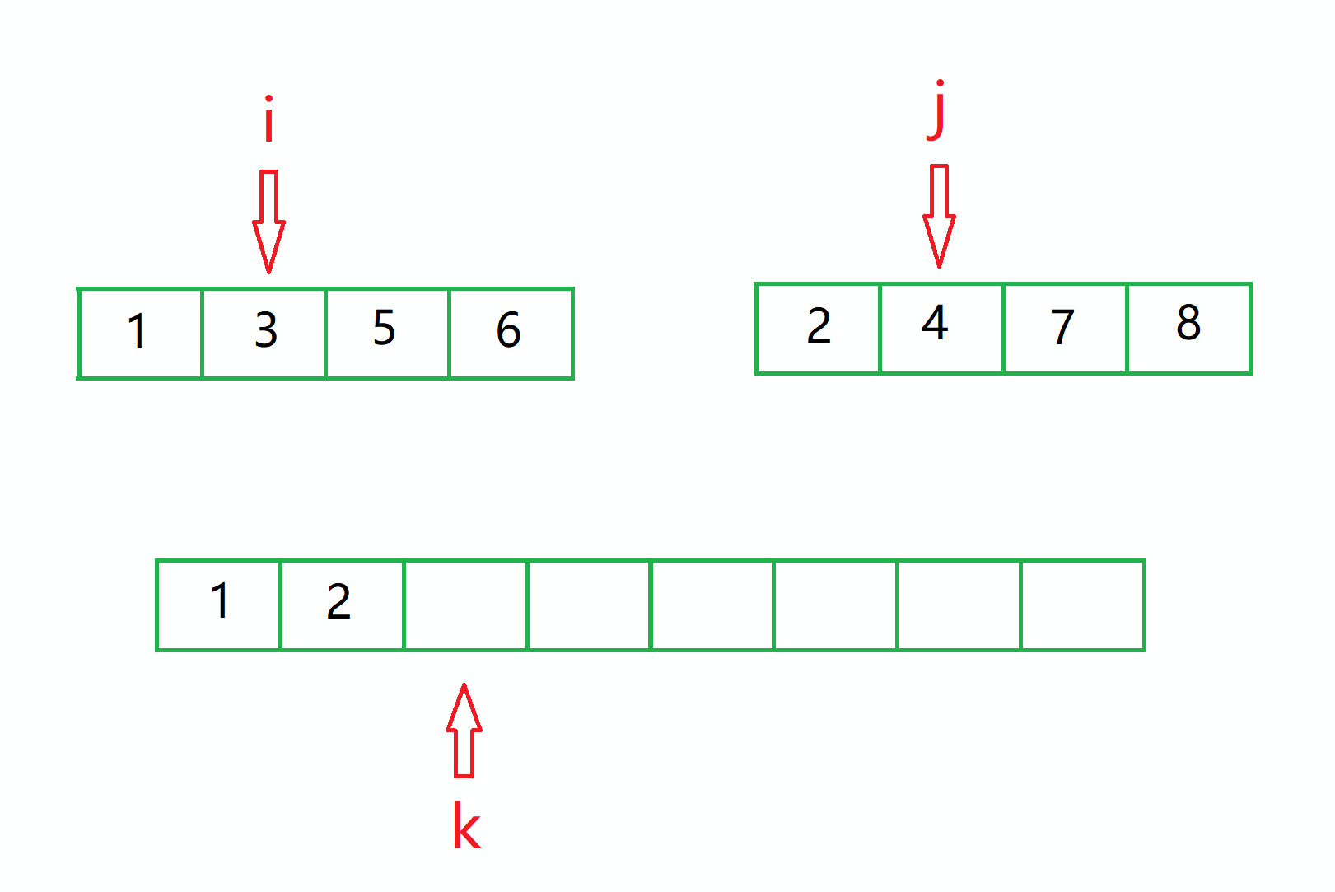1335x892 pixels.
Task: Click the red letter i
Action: (268, 121)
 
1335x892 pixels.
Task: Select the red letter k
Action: (466, 826)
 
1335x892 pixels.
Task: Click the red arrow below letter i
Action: (268, 221)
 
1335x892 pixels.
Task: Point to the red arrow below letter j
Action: (939, 216)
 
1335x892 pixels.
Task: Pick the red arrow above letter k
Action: (464, 731)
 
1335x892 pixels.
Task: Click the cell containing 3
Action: (264, 333)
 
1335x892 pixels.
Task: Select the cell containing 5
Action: (387, 333)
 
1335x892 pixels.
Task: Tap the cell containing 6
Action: (511, 333)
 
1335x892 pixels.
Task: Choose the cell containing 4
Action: (941, 328)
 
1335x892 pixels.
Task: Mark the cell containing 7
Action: (1065, 328)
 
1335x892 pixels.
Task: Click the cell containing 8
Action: (1188, 328)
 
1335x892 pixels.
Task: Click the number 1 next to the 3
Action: (138, 332)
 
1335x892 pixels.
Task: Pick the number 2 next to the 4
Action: (819, 325)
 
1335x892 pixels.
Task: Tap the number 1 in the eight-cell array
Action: (220, 600)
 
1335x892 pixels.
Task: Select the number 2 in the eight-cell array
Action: (338, 602)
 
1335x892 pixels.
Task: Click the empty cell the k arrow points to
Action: (465, 605)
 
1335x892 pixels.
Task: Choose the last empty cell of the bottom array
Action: (1082, 605)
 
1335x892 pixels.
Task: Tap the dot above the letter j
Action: (940, 84)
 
